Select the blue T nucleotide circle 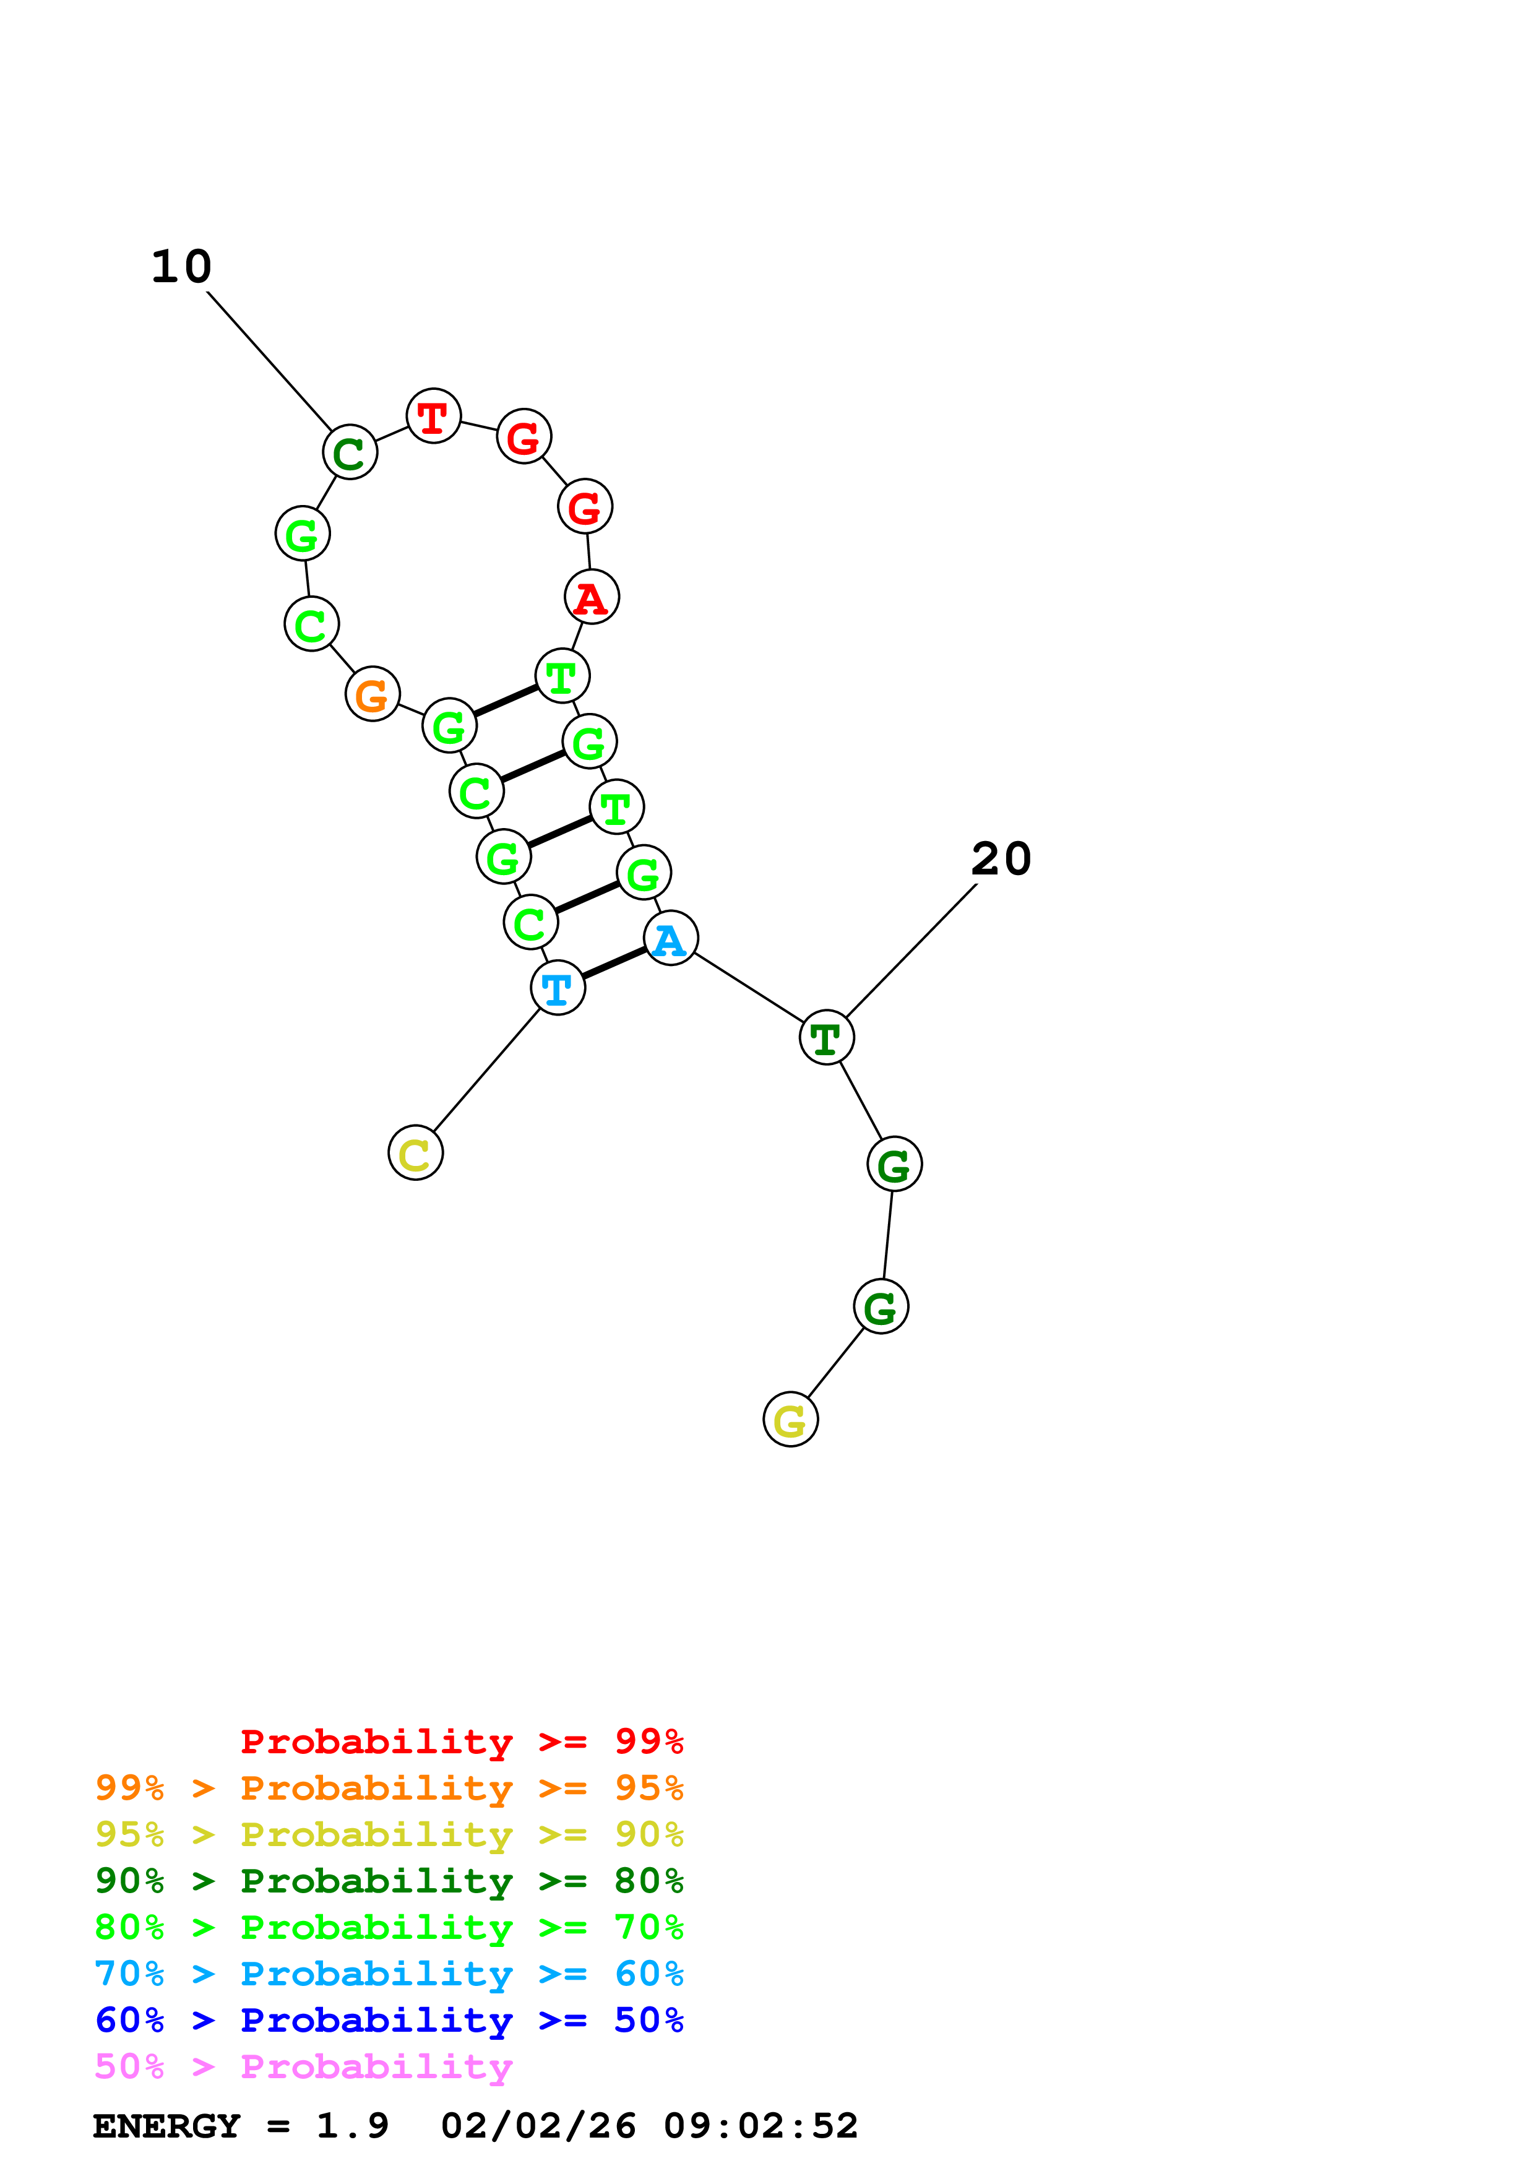[558, 988]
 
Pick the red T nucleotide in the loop [433, 416]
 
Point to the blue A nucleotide [670, 939]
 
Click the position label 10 [181, 267]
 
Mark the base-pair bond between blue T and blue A [614, 962]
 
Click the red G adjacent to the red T [524, 437]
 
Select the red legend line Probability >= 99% [461, 1741]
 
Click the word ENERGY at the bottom [166, 2126]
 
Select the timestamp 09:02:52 [761, 2126]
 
